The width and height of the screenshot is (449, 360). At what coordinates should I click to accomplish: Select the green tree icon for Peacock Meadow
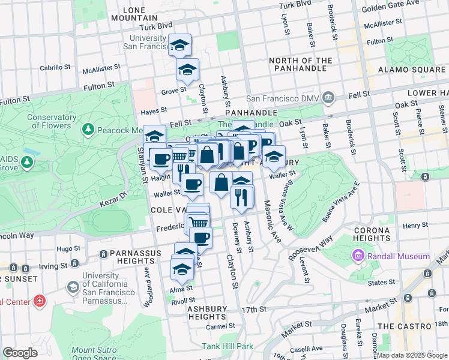(88, 130)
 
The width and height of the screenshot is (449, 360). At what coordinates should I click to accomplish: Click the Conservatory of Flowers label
(53, 121)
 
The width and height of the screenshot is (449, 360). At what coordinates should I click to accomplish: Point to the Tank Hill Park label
(228, 346)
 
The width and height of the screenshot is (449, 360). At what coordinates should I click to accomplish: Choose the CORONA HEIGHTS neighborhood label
(372, 234)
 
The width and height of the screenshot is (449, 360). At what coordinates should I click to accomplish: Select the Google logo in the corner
(20, 352)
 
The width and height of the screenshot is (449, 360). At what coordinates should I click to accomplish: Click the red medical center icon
(40, 301)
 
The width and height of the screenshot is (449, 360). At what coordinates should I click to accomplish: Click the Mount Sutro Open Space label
(92, 354)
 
